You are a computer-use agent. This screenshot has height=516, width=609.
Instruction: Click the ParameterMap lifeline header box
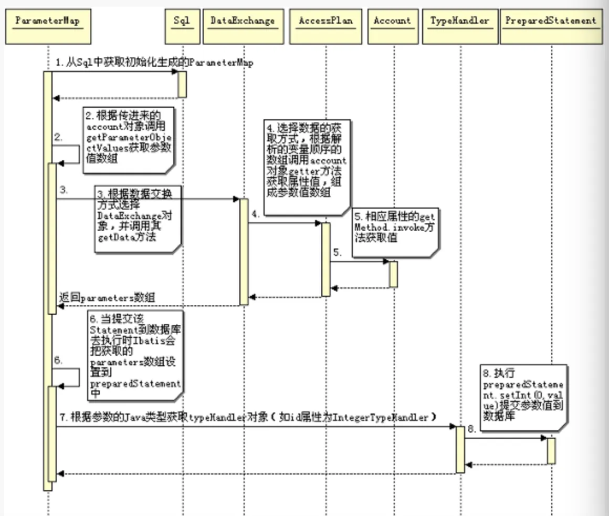48,27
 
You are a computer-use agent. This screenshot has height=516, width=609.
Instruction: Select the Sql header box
182,27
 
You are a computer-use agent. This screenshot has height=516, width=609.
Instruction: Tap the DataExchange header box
243,27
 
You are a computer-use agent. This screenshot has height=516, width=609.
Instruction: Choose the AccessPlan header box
325,27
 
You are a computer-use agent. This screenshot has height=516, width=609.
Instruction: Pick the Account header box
392,27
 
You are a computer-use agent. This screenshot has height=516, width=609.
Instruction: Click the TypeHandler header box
460,27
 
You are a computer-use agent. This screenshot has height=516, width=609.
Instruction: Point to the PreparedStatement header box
551,27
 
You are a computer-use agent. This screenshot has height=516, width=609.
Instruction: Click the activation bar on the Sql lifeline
182,84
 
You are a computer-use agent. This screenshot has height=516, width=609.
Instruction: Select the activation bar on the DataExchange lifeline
244,251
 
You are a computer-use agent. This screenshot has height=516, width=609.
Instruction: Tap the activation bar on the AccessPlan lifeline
325,259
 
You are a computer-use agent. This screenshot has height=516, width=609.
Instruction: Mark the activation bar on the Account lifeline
393,274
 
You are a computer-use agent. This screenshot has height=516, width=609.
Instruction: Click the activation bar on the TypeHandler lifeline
460,449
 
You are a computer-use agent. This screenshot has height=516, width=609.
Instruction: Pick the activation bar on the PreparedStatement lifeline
551,451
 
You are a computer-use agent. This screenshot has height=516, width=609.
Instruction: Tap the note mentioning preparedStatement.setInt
523,397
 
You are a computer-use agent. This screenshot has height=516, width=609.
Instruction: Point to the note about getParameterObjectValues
128,139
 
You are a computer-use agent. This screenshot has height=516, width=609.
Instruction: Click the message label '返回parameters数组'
107,298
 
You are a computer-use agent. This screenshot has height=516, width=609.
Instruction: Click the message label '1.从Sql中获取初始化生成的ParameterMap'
154,63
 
